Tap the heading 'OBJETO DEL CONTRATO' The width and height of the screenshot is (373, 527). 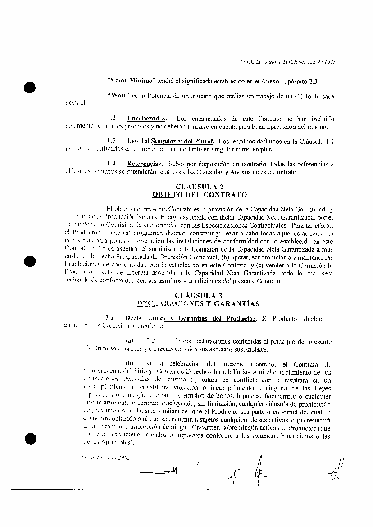(200, 195)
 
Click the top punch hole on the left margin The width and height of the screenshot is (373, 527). (30, 88)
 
